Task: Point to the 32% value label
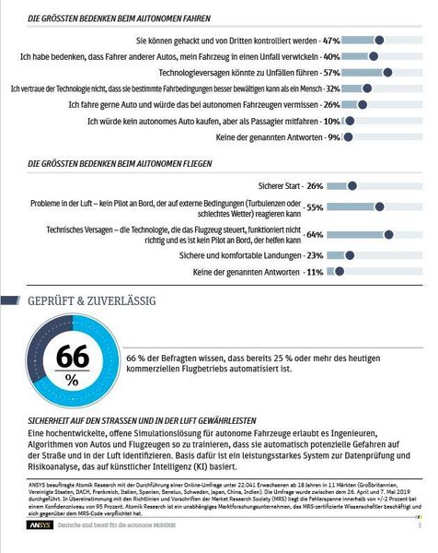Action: (x=333, y=88)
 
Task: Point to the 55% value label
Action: (x=314, y=207)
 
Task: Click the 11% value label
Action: (x=314, y=272)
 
